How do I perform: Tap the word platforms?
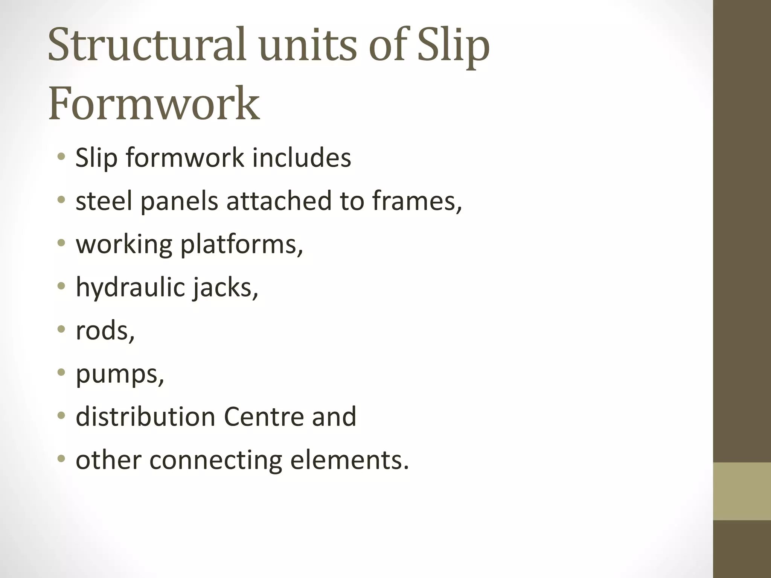coord(241,245)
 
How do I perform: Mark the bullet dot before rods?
coord(61,330)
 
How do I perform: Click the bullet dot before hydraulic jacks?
coord(61,286)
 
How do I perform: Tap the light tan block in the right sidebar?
coord(742,491)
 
